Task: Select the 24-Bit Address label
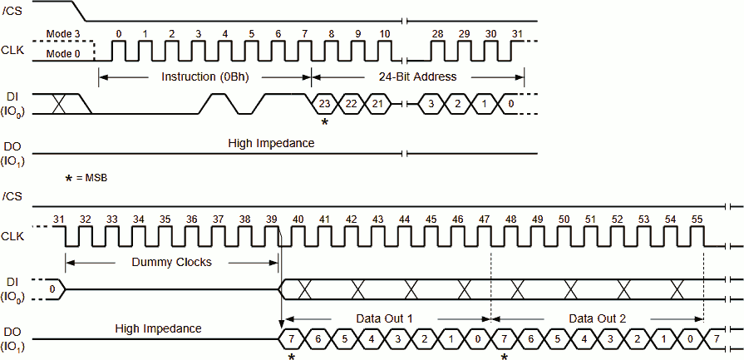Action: point(417,76)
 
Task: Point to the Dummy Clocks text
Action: point(170,261)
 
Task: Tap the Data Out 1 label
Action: point(385,318)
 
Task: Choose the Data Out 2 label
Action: point(597,318)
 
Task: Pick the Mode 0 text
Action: point(62,55)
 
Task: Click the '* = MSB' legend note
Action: point(86,178)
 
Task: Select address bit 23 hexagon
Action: point(325,104)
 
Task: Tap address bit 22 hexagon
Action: point(351,104)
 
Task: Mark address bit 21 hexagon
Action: point(377,104)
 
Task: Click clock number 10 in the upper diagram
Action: point(384,33)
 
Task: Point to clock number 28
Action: point(437,33)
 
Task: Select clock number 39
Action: point(272,219)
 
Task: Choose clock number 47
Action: point(485,219)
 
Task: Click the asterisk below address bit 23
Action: point(325,122)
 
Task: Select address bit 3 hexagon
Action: point(431,104)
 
